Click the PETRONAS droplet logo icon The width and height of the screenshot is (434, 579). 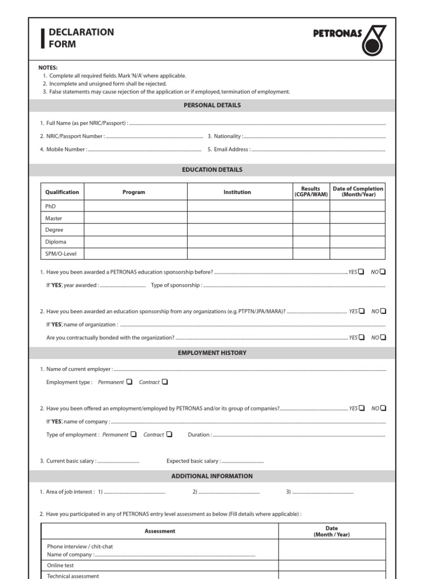point(374,41)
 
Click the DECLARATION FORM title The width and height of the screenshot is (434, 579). point(81,38)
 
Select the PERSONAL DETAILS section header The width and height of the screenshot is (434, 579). point(212,105)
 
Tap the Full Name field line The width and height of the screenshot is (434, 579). point(257,123)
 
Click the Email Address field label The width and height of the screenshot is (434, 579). point(231,149)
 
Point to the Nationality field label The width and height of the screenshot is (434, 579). point(224,136)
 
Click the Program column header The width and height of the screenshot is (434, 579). point(134,192)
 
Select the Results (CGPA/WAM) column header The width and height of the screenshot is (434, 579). point(311,192)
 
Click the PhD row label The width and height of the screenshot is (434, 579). point(51,206)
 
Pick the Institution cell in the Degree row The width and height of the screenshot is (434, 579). point(240,230)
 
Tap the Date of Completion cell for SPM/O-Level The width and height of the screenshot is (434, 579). point(358,254)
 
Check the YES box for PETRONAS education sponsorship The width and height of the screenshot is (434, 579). point(361,272)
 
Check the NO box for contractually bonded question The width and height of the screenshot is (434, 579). point(383,338)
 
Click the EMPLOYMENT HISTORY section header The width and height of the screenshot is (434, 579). point(212,353)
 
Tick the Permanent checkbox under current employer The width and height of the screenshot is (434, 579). point(129,382)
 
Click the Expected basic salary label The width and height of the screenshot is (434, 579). point(193,461)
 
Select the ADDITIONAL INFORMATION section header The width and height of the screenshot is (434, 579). point(212,476)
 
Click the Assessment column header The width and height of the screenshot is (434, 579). point(160,531)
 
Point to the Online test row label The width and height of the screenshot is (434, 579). point(60,565)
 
